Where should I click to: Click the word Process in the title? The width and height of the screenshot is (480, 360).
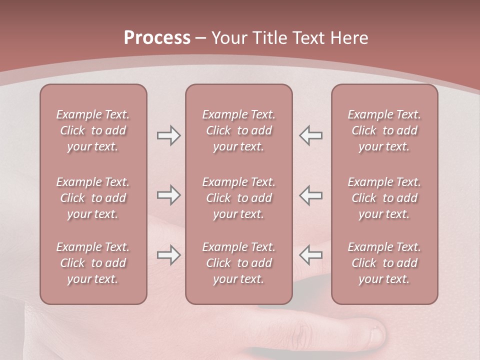click(x=157, y=38)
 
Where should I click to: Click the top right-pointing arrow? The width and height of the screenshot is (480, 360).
click(x=168, y=135)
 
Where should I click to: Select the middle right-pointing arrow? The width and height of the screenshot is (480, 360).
click(x=168, y=195)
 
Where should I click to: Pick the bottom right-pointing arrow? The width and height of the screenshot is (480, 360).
click(x=168, y=255)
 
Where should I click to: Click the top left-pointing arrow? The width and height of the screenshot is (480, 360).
click(x=311, y=135)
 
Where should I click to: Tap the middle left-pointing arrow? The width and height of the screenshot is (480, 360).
click(x=311, y=195)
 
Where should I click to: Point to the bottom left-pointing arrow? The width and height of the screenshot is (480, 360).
click(x=311, y=255)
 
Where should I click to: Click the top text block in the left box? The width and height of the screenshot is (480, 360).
click(x=93, y=130)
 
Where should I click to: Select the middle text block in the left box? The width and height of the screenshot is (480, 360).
click(x=93, y=198)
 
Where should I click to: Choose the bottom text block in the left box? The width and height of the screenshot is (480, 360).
click(x=93, y=263)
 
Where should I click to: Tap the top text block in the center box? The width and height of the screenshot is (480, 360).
click(x=238, y=130)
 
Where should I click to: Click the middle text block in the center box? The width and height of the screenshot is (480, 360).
click(x=238, y=198)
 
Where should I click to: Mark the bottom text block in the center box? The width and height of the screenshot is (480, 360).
click(x=238, y=263)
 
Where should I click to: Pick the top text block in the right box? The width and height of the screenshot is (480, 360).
click(x=384, y=130)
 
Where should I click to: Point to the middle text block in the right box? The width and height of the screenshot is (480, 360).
click(x=384, y=198)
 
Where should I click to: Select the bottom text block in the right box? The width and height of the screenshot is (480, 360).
click(x=384, y=263)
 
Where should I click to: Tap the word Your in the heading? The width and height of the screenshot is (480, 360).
click(x=229, y=38)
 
